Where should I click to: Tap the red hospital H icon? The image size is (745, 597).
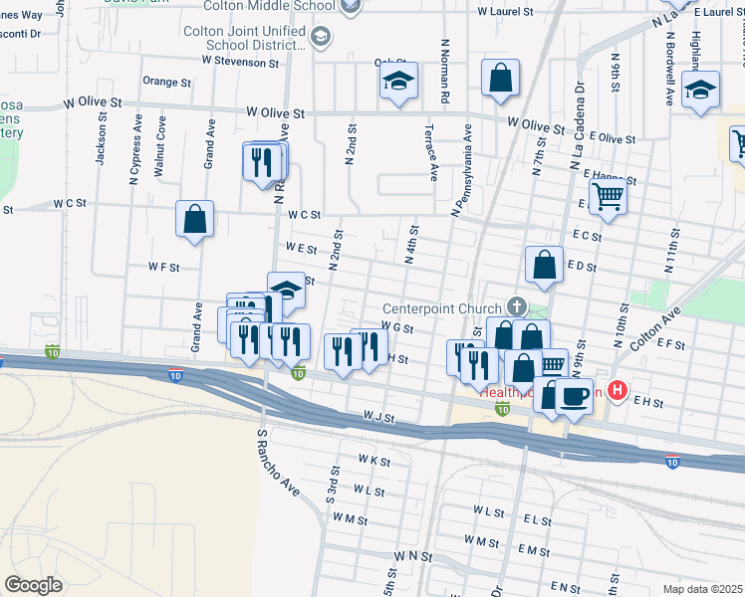click(x=618, y=392)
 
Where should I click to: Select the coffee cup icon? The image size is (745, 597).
click(x=573, y=397)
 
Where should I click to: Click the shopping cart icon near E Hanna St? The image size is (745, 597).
click(x=608, y=196)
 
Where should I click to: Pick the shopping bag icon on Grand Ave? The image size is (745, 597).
click(x=195, y=219)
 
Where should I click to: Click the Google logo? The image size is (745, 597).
click(x=33, y=584)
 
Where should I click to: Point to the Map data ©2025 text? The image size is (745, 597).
click(x=703, y=589)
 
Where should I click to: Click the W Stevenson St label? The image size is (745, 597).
click(x=240, y=61)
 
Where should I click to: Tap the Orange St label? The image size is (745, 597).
click(x=166, y=82)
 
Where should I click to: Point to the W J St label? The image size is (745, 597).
click(x=379, y=417)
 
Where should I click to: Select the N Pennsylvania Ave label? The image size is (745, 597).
click(x=461, y=169)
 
